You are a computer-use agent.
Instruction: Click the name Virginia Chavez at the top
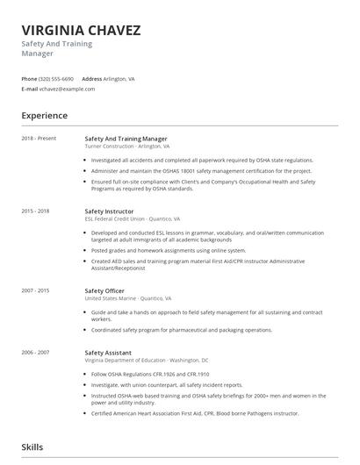click(81, 30)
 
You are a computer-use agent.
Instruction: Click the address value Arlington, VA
click(119, 79)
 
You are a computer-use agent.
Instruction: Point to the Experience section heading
click(45, 116)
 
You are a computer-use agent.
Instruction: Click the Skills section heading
click(32, 447)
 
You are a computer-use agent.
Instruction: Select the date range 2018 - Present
click(39, 139)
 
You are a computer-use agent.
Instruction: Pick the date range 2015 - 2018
click(36, 211)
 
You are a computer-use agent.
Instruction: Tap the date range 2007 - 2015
click(36, 290)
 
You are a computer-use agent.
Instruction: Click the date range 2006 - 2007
click(36, 352)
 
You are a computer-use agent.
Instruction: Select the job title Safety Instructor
click(109, 211)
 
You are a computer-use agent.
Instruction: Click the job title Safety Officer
click(104, 290)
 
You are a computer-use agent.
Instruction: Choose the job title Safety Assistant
click(108, 352)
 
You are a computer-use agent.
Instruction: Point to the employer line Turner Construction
click(127, 147)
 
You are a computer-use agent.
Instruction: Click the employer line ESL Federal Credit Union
click(133, 219)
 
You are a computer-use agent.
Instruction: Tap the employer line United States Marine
click(128, 298)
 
